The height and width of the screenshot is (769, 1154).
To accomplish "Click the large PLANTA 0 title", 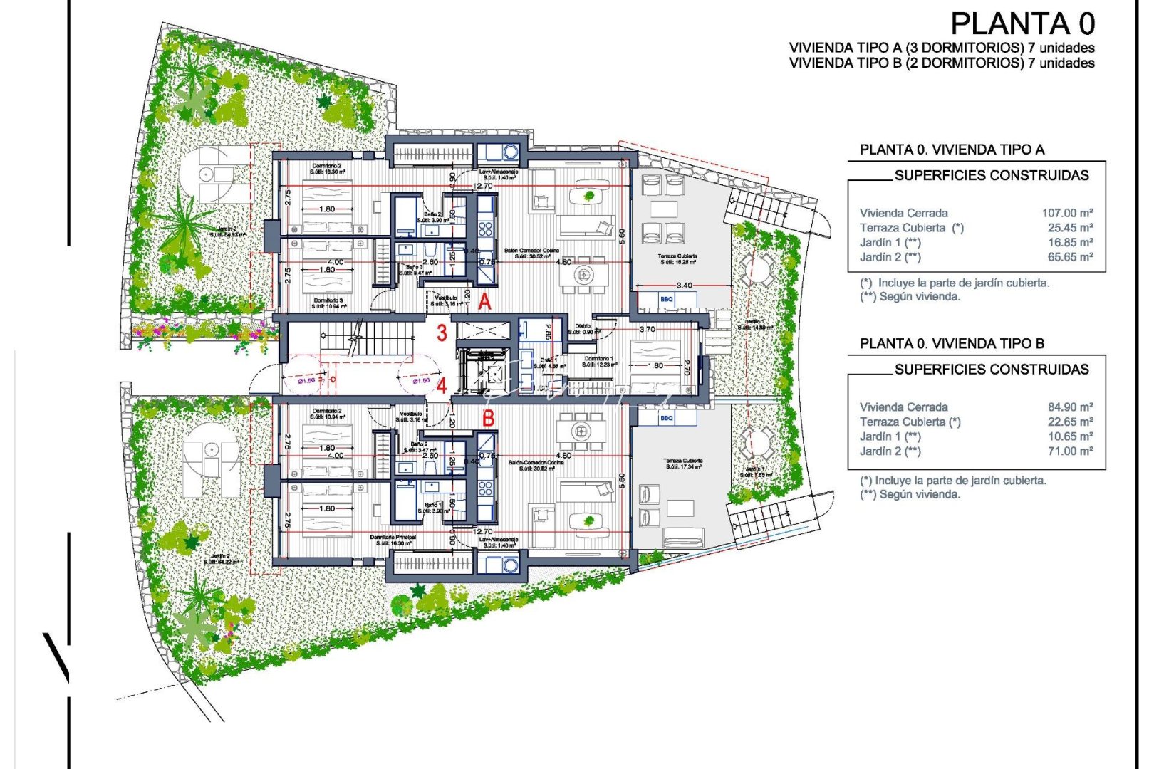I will tap(1022, 24).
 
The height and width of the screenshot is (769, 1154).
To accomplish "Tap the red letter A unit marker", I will tap(484, 302).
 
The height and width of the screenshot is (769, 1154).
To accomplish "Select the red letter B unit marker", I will tap(488, 418).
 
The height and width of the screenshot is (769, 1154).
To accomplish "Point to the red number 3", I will tap(442, 333).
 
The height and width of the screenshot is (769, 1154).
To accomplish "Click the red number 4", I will tap(442, 387).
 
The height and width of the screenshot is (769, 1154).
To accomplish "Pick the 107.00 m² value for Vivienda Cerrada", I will tap(1067, 213).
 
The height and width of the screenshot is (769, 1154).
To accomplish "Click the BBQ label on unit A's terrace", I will tap(666, 300).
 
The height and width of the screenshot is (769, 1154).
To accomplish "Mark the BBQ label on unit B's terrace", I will tap(666, 419).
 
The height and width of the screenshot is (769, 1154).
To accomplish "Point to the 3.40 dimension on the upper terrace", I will tap(684, 286).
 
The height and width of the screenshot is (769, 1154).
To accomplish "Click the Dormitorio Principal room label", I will tap(393, 537).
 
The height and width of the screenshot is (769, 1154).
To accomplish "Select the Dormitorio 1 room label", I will tap(598, 359).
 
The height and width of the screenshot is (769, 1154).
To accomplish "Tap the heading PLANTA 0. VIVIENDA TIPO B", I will tap(952, 344).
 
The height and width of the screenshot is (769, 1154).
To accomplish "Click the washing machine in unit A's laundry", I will tap(510, 152).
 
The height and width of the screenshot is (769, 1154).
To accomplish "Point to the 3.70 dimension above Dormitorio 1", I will tap(647, 330).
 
